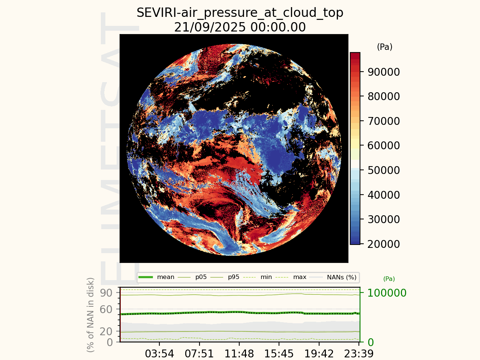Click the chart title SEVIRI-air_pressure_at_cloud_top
(x=240, y=13)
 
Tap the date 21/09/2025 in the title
(x=210, y=27)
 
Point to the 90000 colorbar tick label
(x=384, y=72)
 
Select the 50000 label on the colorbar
(x=384, y=170)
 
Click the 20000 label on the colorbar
(x=384, y=244)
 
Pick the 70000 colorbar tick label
(x=384, y=121)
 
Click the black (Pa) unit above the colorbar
(x=385, y=47)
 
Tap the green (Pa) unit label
(x=389, y=279)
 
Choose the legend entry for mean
(x=156, y=277)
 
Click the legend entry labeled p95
(x=225, y=277)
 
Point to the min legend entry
(x=257, y=277)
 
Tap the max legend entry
(x=290, y=277)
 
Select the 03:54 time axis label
(x=159, y=354)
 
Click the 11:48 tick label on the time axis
(x=239, y=354)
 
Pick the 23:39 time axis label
(x=359, y=354)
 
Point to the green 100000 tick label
(x=387, y=293)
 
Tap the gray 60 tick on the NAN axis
(x=106, y=309)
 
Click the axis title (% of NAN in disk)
(x=90, y=315)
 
